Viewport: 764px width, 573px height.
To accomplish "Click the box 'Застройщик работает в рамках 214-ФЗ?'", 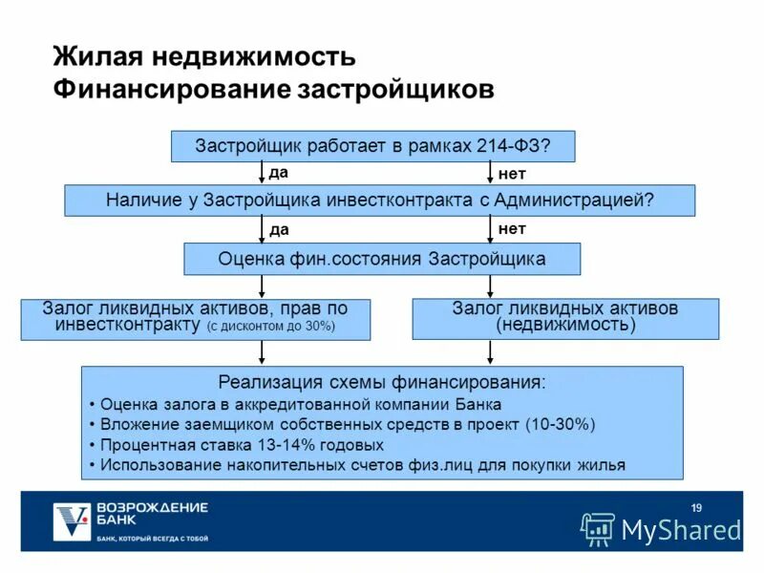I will point(372,146).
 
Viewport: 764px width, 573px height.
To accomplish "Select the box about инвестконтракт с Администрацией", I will point(379,201).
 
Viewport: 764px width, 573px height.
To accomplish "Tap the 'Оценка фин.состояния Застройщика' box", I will point(382,259).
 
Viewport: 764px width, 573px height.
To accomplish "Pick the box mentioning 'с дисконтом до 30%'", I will point(196,318).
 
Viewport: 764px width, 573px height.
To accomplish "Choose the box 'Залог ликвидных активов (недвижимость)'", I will point(565,318).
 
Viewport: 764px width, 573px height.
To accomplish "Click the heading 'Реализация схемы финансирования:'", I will point(383,383).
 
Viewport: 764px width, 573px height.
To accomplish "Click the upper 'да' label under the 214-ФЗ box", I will point(278,173).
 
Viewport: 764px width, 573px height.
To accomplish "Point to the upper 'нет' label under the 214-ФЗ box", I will point(512,174).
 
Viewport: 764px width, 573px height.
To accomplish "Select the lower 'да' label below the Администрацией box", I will point(279,229).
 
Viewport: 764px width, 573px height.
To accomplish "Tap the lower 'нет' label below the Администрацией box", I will point(512,229).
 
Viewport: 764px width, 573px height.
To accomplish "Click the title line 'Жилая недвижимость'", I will point(204,56).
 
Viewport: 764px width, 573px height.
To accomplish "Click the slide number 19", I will point(696,507).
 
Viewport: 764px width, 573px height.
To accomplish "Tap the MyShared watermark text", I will point(681,530).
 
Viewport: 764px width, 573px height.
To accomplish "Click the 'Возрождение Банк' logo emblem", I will point(71,520).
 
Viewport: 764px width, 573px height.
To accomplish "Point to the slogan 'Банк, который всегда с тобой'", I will point(153,539).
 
